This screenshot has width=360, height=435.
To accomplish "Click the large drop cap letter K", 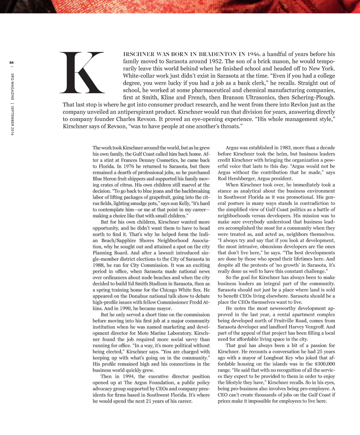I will point(83,73).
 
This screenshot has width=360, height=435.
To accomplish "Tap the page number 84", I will point(12,63).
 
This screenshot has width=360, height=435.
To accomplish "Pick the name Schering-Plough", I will point(311,97).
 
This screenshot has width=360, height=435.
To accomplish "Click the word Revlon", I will point(277,105).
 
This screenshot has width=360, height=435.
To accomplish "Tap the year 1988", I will point(99,265).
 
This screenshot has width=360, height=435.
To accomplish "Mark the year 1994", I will point(130,376).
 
